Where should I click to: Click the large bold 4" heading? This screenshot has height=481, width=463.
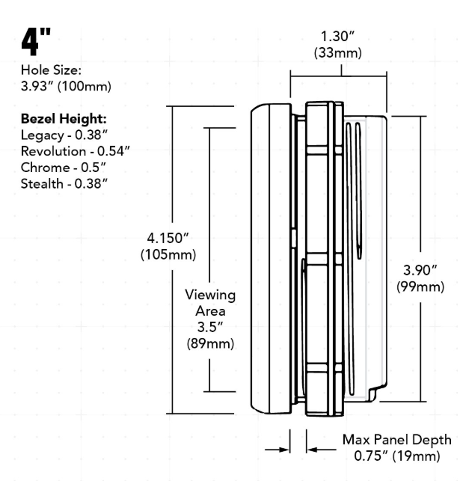[x=36, y=42]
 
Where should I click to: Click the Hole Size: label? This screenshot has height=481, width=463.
[x=51, y=70]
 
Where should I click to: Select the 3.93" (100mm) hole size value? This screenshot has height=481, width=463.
[x=66, y=86]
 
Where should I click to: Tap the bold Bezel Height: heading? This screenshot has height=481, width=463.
[x=64, y=119]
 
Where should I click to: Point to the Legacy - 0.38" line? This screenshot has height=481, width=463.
[x=64, y=135]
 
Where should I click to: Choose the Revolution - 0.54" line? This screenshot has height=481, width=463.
[x=76, y=151]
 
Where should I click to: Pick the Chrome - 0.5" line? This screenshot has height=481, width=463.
[x=64, y=168]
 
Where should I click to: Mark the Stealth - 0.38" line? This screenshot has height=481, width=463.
[x=64, y=184]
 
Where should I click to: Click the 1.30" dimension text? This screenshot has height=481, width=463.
[x=337, y=37]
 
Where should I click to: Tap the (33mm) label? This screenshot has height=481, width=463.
[x=338, y=53]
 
